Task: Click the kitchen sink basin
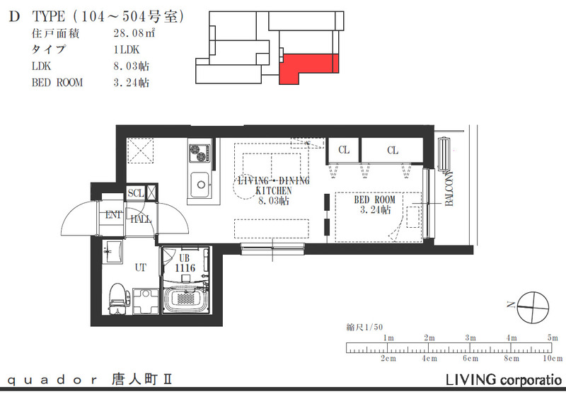pyautogui.click(x=200, y=185)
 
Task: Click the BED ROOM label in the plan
pyautogui.click(x=374, y=205)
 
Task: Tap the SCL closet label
pyautogui.click(x=135, y=193)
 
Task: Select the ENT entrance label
pyautogui.click(x=114, y=214)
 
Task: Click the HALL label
pyautogui.click(x=141, y=219)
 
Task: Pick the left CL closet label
pyautogui.click(x=344, y=150)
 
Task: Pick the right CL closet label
pyautogui.click(x=393, y=150)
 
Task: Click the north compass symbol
pyautogui.click(x=532, y=306)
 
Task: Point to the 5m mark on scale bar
pyautogui.click(x=553, y=338)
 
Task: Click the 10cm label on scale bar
pyautogui.click(x=552, y=359)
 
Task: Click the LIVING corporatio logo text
pyautogui.click(x=503, y=379)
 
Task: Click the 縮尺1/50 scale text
pyautogui.click(x=364, y=328)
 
